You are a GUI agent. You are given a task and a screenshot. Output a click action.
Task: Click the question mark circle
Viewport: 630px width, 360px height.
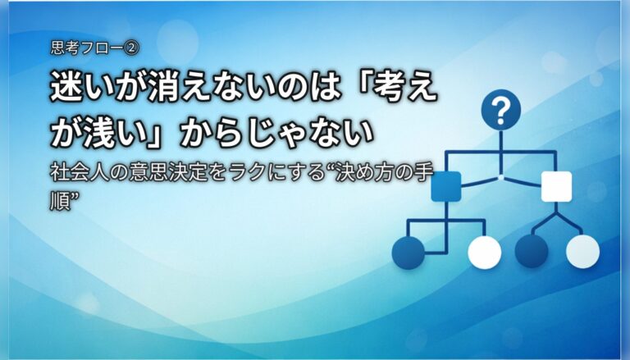pyautogui.click(x=500, y=110)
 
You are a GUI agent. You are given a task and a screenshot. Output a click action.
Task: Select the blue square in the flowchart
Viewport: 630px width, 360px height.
pyautogui.click(x=446, y=186)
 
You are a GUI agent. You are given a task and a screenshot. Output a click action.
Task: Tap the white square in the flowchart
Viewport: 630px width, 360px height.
pyautogui.click(x=556, y=186)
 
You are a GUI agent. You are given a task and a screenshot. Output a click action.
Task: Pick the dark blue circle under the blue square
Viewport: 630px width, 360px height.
pyautogui.click(x=409, y=253)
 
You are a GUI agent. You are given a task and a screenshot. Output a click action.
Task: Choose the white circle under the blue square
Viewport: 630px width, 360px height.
pyautogui.click(x=485, y=253)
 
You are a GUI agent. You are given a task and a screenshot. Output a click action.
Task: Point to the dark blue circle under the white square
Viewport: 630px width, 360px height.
pyautogui.click(x=532, y=252)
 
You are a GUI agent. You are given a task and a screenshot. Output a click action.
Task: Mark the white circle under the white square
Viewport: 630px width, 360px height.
pyautogui.click(x=583, y=252)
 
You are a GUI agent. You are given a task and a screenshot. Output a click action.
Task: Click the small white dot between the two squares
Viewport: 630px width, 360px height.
pyautogui.click(x=500, y=177)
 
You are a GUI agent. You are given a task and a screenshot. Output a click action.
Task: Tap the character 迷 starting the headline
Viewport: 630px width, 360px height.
pyautogui.click(x=65, y=85)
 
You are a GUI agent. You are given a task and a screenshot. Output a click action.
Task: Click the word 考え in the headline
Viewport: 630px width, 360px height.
pyautogui.click(x=404, y=85)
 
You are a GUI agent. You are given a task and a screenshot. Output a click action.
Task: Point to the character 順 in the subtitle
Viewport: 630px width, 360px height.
pyautogui.click(x=59, y=201)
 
